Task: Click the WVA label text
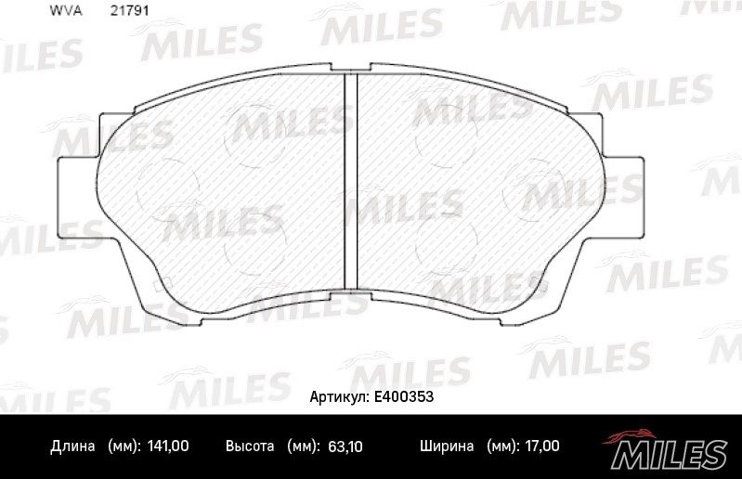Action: tap(66, 10)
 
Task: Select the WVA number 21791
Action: tap(129, 10)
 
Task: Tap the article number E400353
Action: tap(404, 396)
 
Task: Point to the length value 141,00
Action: tap(168, 446)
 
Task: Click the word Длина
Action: tap(72, 447)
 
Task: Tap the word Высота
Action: tap(250, 446)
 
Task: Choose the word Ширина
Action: tap(447, 447)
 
